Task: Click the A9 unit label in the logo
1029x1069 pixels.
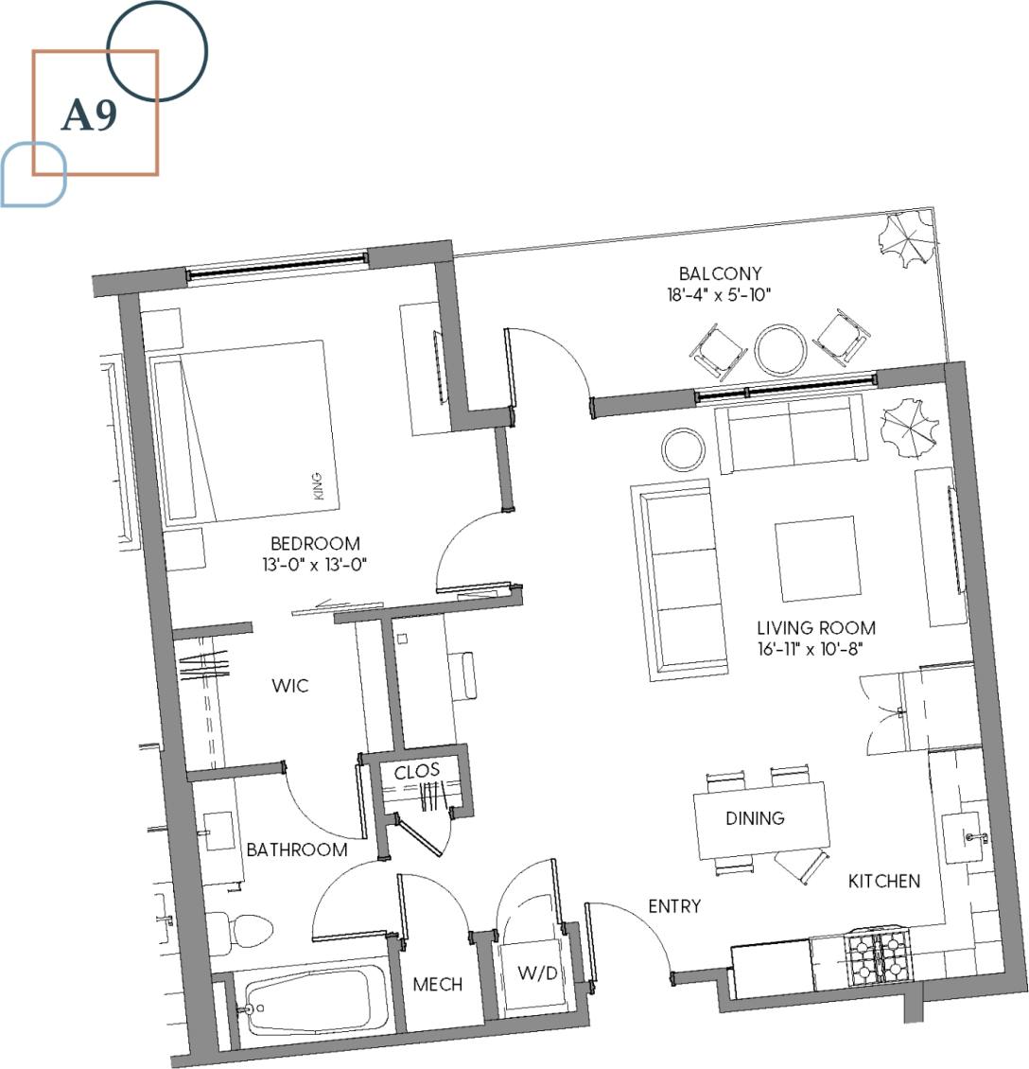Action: pyautogui.click(x=90, y=115)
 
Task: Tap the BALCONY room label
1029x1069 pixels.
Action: pyautogui.click(x=720, y=274)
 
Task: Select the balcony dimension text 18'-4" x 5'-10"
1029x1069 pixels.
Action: pyautogui.click(x=719, y=295)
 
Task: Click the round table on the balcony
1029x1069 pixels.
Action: pyautogui.click(x=781, y=349)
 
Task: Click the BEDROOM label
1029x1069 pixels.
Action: pyautogui.click(x=315, y=544)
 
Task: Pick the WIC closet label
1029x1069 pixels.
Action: pyautogui.click(x=289, y=686)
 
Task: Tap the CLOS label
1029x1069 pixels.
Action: pyautogui.click(x=417, y=771)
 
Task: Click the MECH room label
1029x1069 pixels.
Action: pyautogui.click(x=438, y=985)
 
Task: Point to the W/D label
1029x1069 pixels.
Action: pyautogui.click(x=537, y=974)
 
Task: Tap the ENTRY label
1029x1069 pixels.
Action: pyautogui.click(x=674, y=906)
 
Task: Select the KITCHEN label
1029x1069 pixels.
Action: pyautogui.click(x=883, y=882)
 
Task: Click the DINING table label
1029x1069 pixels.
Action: pyautogui.click(x=756, y=818)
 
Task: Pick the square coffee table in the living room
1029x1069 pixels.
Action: pyautogui.click(x=816, y=557)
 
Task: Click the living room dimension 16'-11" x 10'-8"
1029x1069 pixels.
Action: pyautogui.click(x=815, y=649)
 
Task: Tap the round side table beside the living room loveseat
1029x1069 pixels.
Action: pyautogui.click(x=683, y=449)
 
